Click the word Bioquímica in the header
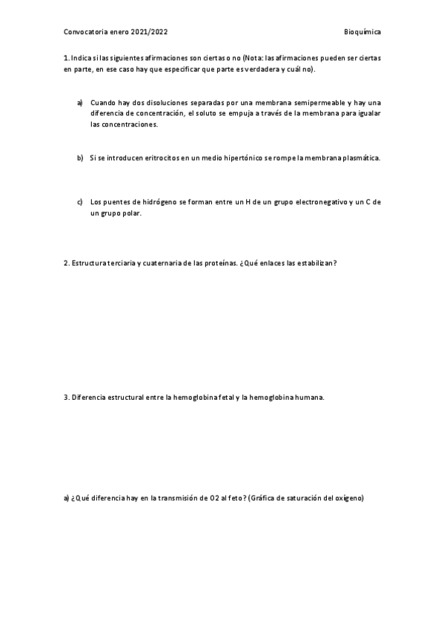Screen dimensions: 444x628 click(362, 33)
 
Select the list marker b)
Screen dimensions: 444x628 click(80, 158)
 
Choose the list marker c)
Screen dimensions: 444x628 click(80, 201)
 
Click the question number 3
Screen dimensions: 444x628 click(67, 397)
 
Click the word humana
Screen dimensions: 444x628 click(308, 397)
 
